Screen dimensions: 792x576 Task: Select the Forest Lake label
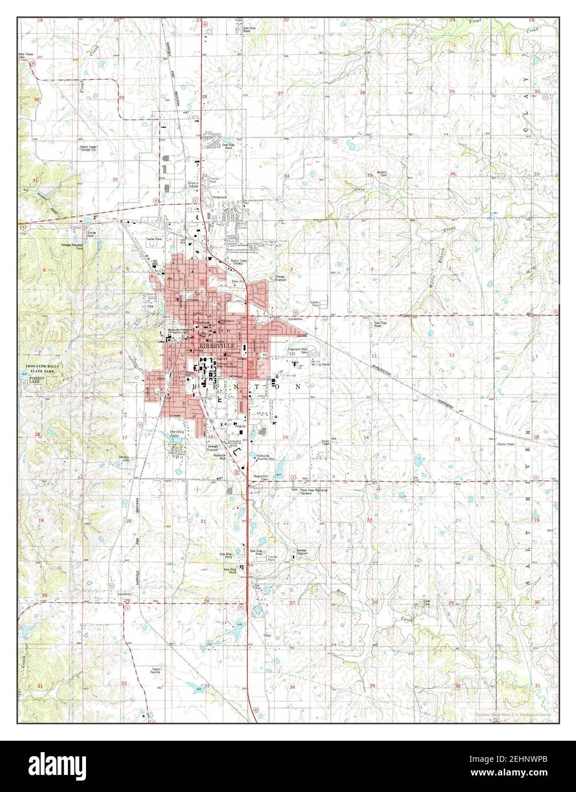point(38,377)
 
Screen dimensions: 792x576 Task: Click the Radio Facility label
point(156,671)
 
